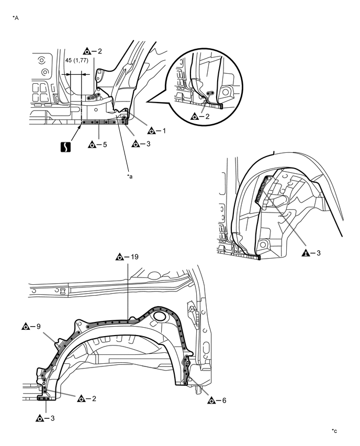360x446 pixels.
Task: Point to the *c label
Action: [x=334, y=431]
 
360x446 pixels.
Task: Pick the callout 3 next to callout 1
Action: [x=139, y=143]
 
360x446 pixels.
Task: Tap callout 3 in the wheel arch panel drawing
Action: [x=44, y=418]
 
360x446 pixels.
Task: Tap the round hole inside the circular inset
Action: [x=226, y=92]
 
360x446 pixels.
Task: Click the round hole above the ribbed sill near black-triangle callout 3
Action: [x=262, y=243]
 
